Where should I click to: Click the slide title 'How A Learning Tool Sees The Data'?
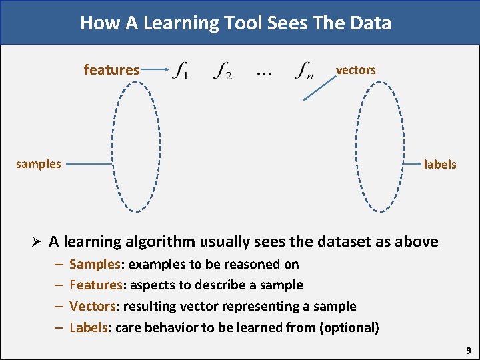(x=235, y=23)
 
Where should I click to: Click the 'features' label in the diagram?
(x=111, y=69)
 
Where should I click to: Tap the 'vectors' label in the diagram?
(x=355, y=70)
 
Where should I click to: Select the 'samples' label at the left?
(x=39, y=164)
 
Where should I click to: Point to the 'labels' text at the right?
(x=440, y=164)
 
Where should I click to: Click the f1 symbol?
(x=180, y=70)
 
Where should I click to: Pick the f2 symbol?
(x=223, y=70)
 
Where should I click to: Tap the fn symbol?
(x=305, y=70)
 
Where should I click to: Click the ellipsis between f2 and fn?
(x=264, y=73)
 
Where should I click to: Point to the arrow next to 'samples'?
(x=89, y=163)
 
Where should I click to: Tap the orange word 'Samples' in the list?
(x=94, y=264)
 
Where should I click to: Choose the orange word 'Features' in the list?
(x=96, y=285)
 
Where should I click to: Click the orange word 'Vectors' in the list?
(x=93, y=306)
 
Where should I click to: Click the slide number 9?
(x=469, y=349)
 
